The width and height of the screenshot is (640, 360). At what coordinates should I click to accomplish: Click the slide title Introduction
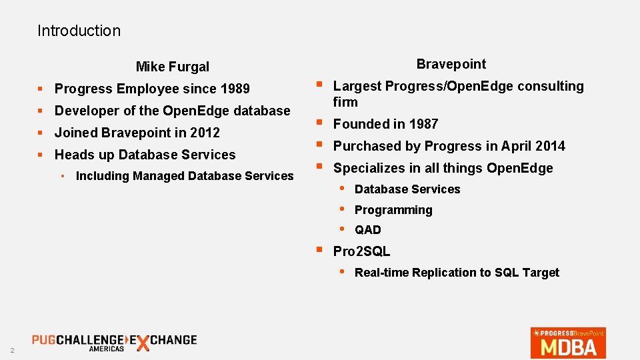[x=79, y=31]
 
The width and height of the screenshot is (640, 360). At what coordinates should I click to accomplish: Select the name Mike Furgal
[x=172, y=67]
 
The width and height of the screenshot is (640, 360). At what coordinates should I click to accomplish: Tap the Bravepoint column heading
[x=451, y=64]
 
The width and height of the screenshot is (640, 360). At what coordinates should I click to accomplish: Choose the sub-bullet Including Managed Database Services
[x=185, y=176]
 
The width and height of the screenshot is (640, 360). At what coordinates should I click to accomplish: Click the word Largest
[x=357, y=86]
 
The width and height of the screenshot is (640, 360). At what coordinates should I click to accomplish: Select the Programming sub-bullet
[x=393, y=210]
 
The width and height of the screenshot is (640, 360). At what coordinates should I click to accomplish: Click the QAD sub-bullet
[x=368, y=230]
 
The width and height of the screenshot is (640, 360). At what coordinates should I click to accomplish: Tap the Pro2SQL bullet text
[x=361, y=251]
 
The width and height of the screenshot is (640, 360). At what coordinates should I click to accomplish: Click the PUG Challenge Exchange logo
[x=114, y=341]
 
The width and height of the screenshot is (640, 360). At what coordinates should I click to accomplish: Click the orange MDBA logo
[x=568, y=342]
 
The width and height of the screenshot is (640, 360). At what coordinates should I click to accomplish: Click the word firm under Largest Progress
[x=345, y=102]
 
